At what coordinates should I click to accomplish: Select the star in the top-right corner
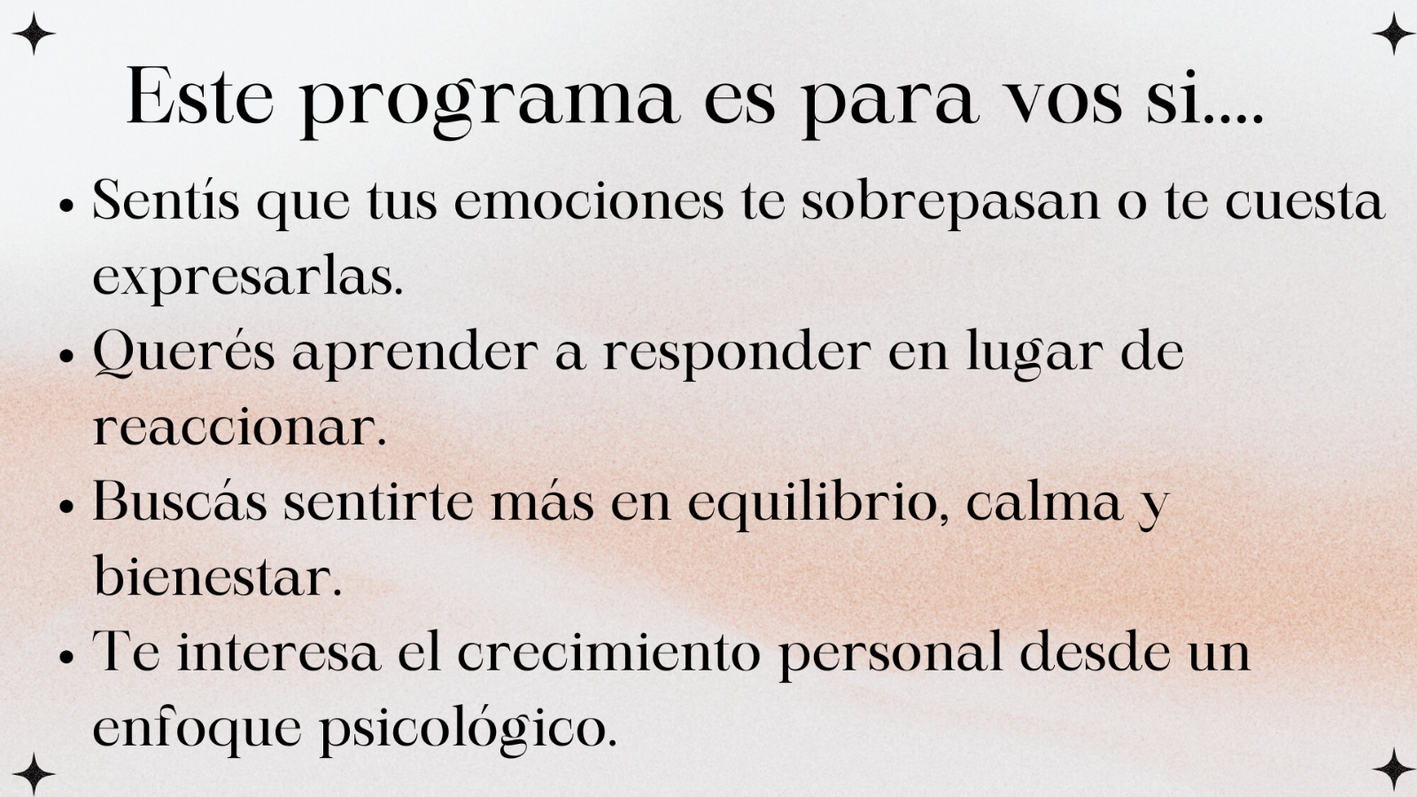point(1393,34)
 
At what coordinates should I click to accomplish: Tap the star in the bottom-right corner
point(1393,770)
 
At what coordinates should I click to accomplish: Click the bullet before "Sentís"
point(66,206)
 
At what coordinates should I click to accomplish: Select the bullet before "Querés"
point(66,356)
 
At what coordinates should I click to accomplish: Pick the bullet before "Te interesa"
point(66,657)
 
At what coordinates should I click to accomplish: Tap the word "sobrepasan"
point(951,203)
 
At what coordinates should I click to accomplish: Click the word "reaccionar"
point(240,429)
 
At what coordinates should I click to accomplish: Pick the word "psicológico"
point(468,730)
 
